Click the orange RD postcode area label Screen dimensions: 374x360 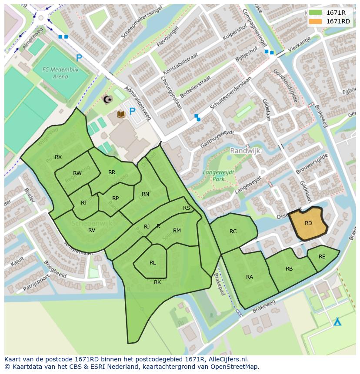(308, 223)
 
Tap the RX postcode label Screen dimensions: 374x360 (58, 157)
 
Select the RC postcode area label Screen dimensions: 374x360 (233, 232)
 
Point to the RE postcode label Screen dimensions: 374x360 (322, 257)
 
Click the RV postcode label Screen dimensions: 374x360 (92, 230)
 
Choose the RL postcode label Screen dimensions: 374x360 (153, 263)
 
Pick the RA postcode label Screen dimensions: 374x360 (250, 277)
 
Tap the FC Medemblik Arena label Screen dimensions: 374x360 (56, 73)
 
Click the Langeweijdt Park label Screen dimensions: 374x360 (219, 175)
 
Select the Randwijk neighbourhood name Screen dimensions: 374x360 (245, 151)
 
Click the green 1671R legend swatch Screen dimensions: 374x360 (315, 13)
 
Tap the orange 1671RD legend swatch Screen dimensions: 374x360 (315, 21)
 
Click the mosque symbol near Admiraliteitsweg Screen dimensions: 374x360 (107, 99)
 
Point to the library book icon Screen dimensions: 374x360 (121, 114)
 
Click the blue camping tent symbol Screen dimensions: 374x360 (337, 322)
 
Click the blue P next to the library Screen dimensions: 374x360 (132, 112)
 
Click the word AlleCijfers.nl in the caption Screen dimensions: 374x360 (227, 359)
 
